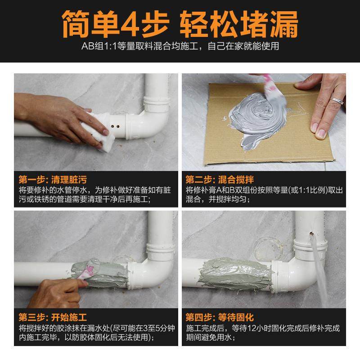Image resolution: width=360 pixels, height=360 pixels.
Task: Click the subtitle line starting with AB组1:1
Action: point(180,46)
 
